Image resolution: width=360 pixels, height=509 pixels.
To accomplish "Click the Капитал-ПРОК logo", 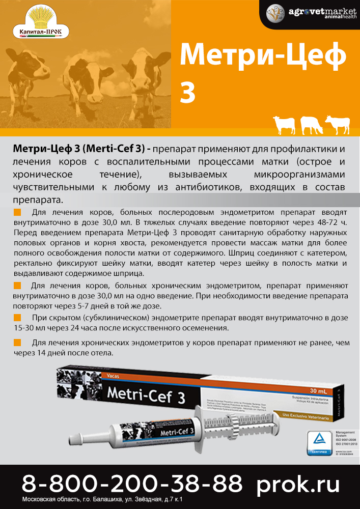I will tap(40, 21).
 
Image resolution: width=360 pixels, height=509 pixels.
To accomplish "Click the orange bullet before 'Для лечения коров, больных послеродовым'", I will tap(17, 212).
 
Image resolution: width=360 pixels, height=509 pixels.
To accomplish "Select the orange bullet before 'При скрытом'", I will tap(17, 317).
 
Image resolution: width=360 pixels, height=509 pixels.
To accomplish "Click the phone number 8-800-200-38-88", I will tap(132, 483).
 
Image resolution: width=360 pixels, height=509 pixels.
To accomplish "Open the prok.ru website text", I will tap(298, 483).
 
